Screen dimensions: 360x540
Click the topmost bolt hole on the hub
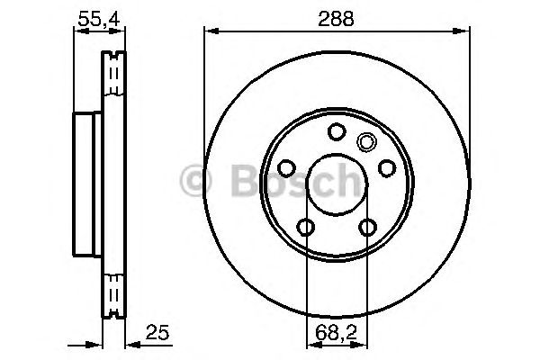point(336,132)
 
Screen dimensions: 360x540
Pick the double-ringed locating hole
point(366,141)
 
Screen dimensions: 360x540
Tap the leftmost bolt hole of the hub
point(287,168)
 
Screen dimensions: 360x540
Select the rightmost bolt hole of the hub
point(385,168)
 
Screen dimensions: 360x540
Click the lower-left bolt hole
point(306,227)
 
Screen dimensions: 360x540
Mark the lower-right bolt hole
point(366,227)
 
